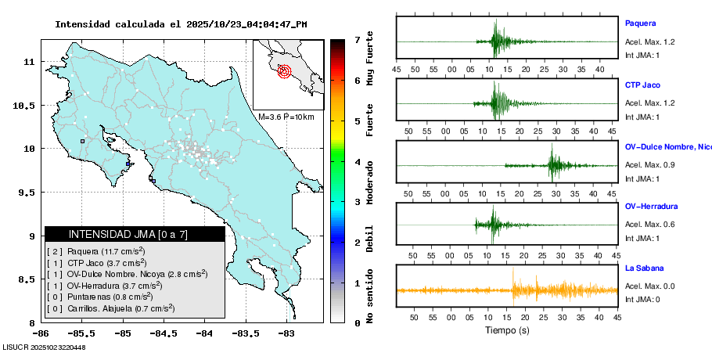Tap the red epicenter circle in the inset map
point(284,71)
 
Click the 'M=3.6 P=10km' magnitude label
point(286,117)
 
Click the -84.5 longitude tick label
point(164,333)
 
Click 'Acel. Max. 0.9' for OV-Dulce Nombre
point(649,165)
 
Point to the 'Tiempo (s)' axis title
point(506,330)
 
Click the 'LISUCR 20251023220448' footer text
point(45,347)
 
